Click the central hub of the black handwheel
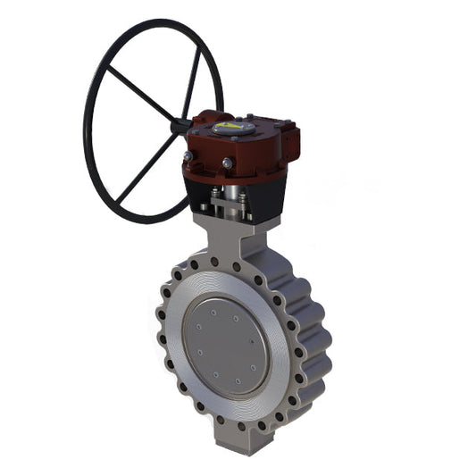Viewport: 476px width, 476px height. pyautogui.click(x=181, y=127)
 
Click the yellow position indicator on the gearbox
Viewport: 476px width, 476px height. pyautogui.click(x=230, y=128)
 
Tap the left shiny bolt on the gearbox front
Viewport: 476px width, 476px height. pyautogui.click(x=188, y=156)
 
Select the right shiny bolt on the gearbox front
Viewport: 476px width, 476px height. pyautogui.click(x=228, y=163)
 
